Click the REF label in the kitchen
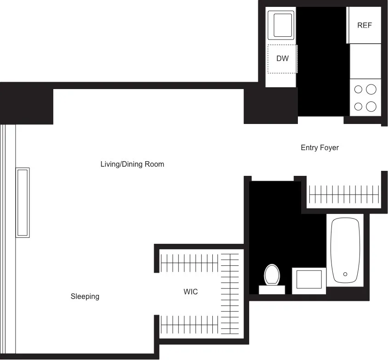point(365,26)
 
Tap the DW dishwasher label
point(282,59)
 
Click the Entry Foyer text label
point(320,148)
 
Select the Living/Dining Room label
point(132,164)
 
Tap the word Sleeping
point(85,297)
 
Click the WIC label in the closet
point(190,292)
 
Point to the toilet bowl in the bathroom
point(272,275)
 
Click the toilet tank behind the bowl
point(272,290)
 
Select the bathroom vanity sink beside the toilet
point(309,281)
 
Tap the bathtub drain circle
point(345,274)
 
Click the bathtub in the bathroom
point(345,250)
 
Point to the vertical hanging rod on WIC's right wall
point(230,294)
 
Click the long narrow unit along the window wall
point(23,202)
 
